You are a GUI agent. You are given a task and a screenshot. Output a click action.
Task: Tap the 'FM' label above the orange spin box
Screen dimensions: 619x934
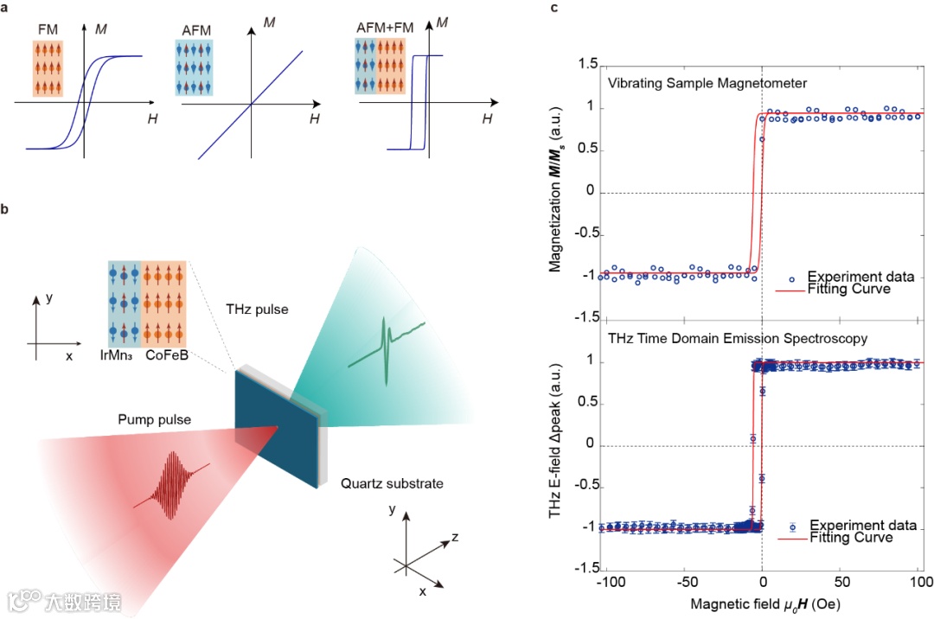(x=48, y=29)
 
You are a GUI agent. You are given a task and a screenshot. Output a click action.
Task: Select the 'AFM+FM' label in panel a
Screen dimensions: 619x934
(x=385, y=29)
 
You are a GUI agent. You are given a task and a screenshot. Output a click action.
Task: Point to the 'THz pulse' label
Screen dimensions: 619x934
(x=257, y=309)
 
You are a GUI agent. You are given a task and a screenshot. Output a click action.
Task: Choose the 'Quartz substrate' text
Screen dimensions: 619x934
(x=392, y=484)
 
